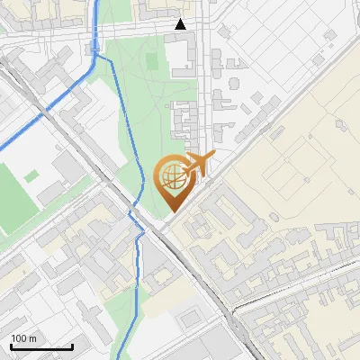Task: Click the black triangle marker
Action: [181, 24]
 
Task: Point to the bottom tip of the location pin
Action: [170, 212]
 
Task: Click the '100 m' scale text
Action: [24, 338]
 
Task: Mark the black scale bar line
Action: [41, 347]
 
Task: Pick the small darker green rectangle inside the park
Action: [150, 61]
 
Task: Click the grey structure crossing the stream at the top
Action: [95, 41]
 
